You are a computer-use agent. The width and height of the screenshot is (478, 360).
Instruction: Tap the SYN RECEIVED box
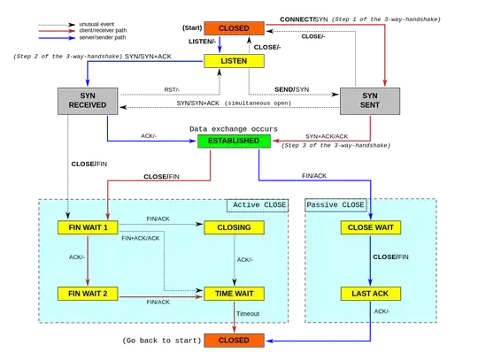[x=88, y=103]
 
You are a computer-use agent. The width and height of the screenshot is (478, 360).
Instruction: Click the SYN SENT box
[x=370, y=103]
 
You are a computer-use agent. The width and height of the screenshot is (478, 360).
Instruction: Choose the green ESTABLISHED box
[x=228, y=141]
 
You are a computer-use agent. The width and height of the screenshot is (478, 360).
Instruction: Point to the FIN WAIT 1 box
[x=88, y=227]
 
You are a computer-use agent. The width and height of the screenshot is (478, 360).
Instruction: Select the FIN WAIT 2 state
[x=88, y=293]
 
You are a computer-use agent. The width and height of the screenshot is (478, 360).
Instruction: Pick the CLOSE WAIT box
[x=370, y=227]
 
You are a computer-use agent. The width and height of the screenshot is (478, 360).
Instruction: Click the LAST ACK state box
[x=370, y=293]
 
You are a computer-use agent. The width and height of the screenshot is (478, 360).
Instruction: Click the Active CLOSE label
[x=258, y=205]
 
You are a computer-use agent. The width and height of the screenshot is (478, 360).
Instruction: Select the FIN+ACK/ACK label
[x=140, y=239]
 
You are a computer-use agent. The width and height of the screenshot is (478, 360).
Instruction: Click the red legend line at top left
[x=56, y=31]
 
